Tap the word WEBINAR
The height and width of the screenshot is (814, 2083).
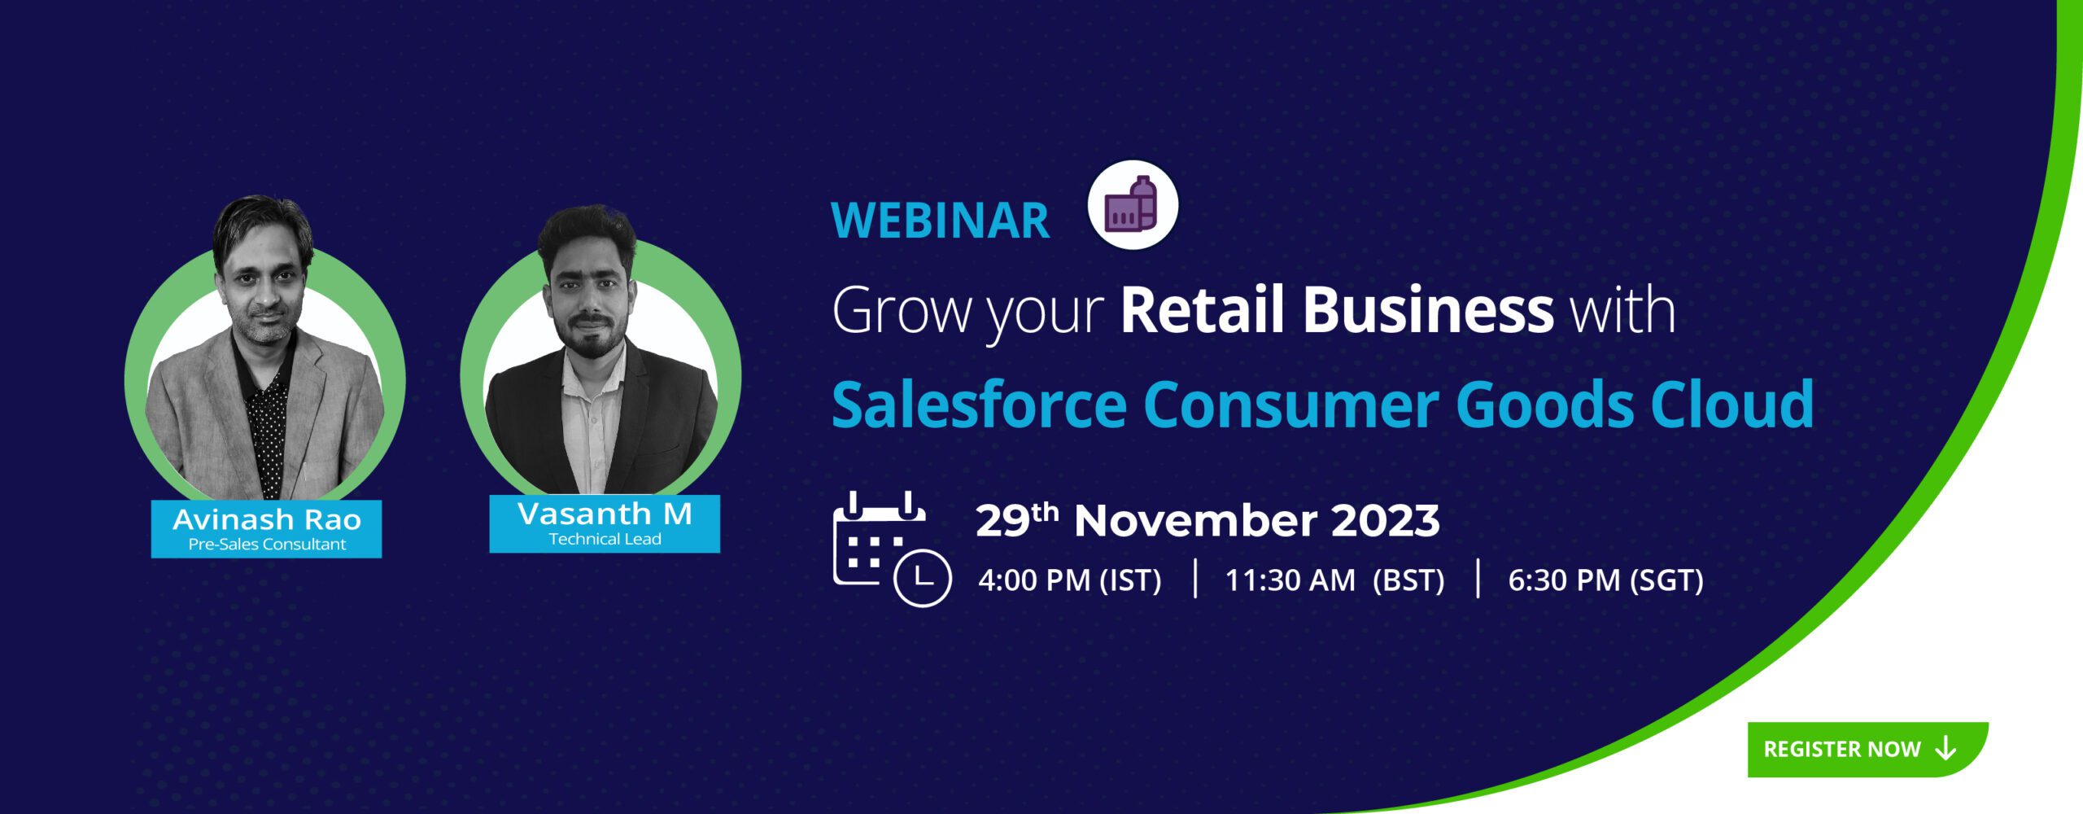click(940, 221)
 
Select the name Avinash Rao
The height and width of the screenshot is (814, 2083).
click(267, 519)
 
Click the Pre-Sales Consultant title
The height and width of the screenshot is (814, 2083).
click(267, 545)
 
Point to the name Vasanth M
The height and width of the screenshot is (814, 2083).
click(605, 514)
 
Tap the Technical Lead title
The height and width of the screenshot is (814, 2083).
click(605, 539)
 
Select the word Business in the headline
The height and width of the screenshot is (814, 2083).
click(1428, 310)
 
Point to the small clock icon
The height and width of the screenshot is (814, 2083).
click(923, 578)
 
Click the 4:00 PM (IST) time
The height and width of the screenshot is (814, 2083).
click(1069, 580)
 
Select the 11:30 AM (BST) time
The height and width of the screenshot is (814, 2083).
click(1334, 580)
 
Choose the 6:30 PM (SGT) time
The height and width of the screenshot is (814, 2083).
click(1605, 580)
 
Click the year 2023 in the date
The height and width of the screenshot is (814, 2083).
click(1385, 521)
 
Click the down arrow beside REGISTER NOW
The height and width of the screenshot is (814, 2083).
click(1945, 749)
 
